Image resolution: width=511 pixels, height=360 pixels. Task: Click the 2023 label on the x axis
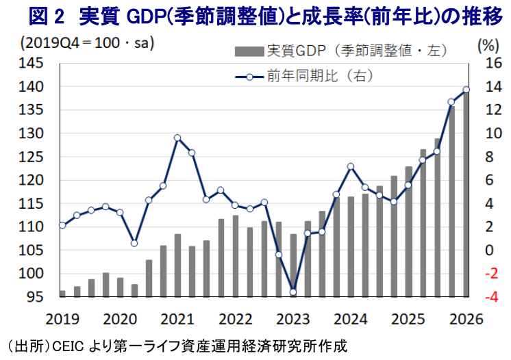(x=292, y=320)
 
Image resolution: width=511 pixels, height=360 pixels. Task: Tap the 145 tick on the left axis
(x=31, y=63)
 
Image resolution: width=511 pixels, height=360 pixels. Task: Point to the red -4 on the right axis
(x=492, y=297)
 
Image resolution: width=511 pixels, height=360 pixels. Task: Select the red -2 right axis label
(x=492, y=274)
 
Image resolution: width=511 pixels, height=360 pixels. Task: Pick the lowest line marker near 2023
(x=293, y=292)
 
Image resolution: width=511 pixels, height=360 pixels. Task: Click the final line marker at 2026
(x=466, y=90)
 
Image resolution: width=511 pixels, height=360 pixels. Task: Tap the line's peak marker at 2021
(x=177, y=138)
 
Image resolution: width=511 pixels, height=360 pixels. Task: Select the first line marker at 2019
(x=62, y=225)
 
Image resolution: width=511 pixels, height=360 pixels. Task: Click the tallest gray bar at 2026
(x=466, y=194)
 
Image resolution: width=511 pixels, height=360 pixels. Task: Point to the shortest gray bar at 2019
(x=62, y=294)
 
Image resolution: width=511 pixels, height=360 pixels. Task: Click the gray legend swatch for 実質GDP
(x=249, y=52)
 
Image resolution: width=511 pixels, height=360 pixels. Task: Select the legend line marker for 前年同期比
(x=249, y=77)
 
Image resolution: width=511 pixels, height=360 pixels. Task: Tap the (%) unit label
(x=488, y=46)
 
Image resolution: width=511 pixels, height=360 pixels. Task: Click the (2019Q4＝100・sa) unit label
(x=87, y=43)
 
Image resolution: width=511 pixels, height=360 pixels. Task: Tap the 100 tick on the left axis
(x=31, y=274)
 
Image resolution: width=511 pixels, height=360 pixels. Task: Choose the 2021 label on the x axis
(x=177, y=320)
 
